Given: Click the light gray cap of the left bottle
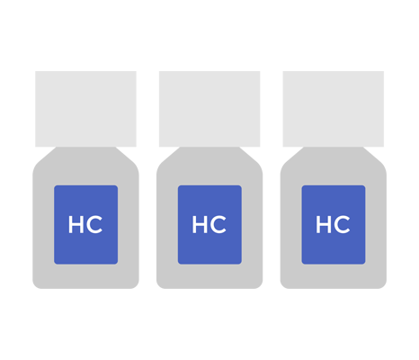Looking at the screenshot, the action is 85,109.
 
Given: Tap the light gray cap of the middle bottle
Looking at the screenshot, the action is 209,109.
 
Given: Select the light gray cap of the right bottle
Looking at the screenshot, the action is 334,109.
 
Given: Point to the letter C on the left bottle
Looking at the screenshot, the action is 94,224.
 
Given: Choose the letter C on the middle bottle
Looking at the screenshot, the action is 218,224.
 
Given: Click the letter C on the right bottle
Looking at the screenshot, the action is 342,224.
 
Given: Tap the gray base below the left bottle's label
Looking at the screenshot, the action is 85,276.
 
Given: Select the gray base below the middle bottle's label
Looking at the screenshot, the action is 209,276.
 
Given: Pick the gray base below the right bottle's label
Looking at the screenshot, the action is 334,276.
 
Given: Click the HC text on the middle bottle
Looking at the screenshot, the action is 209,224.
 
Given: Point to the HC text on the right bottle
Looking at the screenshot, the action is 334,224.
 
